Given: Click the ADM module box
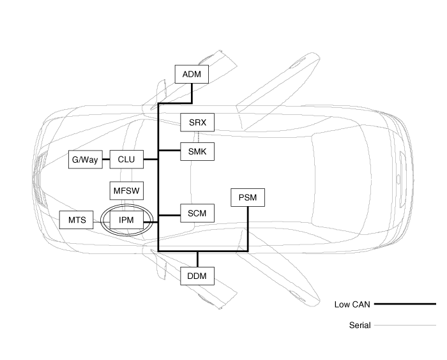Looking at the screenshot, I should [x=192, y=74].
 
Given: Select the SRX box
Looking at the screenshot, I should [x=197, y=122].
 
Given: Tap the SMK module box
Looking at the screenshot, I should [x=197, y=151].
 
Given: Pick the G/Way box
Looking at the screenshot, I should [x=85, y=159].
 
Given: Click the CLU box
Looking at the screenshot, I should [x=126, y=159].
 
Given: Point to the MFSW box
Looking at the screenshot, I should [x=126, y=190].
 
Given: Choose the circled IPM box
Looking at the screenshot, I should [x=126, y=220].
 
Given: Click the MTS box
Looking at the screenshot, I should [x=77, y=220].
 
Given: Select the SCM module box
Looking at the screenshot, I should [x=197, y=213].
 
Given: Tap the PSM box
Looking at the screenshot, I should [x=247, y=197].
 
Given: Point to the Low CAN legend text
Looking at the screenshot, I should [x=352, y=304].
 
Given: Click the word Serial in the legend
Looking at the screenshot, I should [x=360, y=326].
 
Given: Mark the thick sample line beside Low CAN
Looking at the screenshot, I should [x=404, y=304].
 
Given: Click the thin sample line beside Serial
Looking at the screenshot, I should [x=404, y=326].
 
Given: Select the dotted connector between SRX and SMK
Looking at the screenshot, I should [x=197, y=137].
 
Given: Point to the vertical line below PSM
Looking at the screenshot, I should [x=247, y=228].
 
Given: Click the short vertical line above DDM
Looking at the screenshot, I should [x=197, y=259].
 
